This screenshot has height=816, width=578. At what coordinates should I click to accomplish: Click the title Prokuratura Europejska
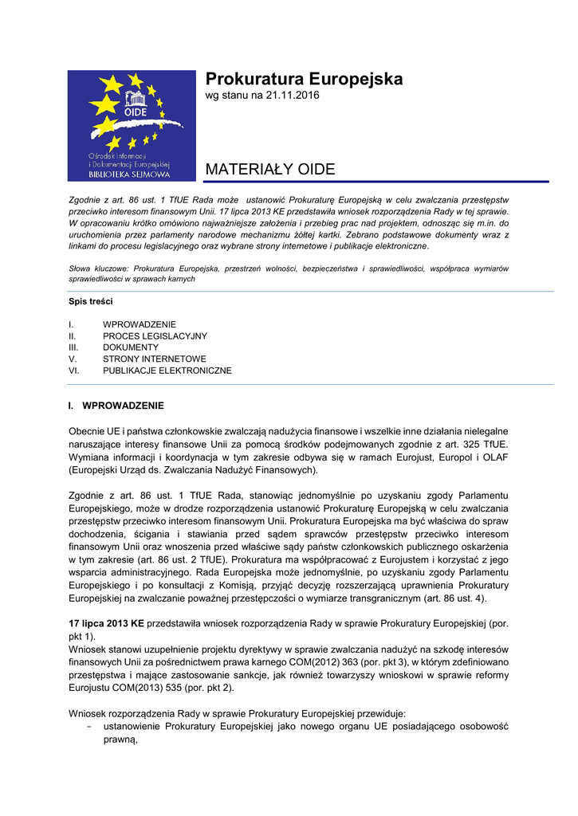click(304, 79)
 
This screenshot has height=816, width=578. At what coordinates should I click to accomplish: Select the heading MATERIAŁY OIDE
click(270, 169)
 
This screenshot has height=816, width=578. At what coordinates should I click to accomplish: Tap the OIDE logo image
click(132, 125)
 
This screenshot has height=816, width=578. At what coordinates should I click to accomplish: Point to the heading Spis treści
click(91, 301)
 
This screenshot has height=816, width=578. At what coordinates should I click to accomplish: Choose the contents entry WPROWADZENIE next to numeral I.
click(140, 325)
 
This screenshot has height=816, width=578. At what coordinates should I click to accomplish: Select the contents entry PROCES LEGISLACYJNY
click(155, 336)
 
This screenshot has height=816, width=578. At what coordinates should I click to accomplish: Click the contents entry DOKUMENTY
click(131, 347)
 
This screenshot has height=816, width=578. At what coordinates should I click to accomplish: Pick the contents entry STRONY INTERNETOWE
click(155, 359)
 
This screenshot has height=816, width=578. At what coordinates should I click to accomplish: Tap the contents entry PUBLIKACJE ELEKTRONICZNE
click(167, 371)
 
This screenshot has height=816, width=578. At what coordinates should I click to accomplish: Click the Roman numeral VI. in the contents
click(74, 371)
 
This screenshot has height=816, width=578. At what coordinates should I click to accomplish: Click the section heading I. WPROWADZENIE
click(116, 406)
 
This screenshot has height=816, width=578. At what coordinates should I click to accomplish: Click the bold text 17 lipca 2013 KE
click(106, 622)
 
